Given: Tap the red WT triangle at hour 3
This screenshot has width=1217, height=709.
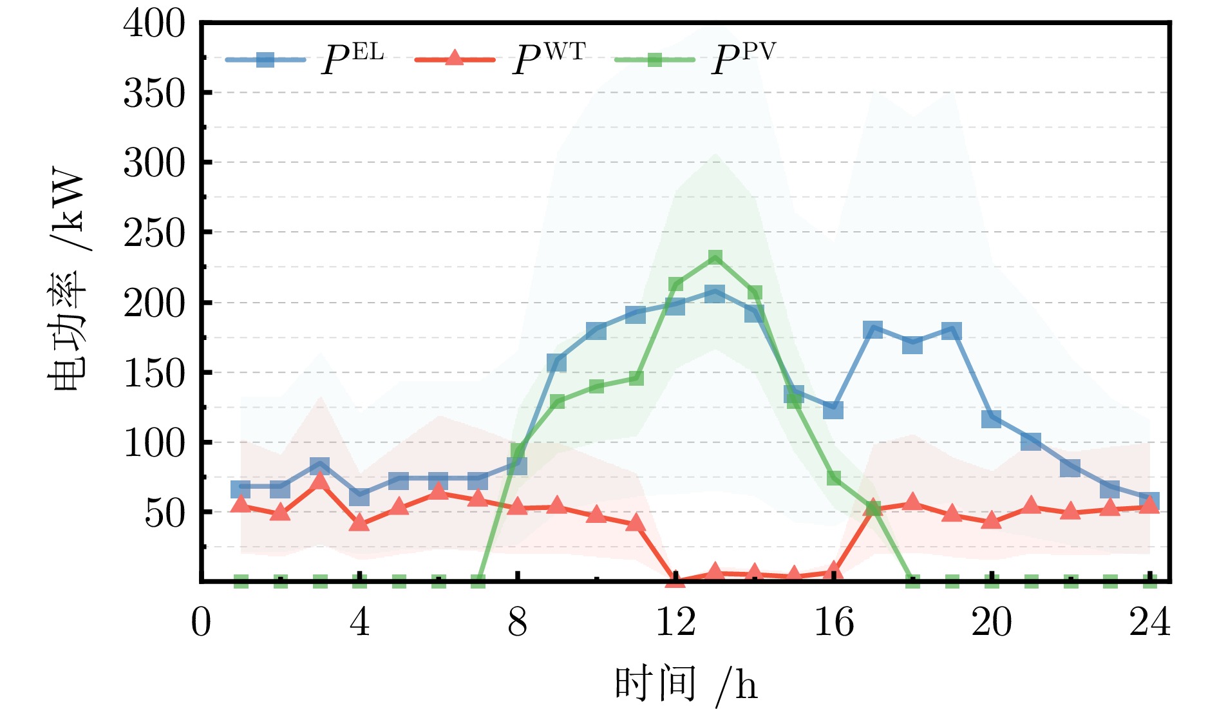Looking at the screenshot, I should click(x=320, y=481).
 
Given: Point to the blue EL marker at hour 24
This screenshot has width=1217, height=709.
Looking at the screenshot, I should click(x=1149, y=500).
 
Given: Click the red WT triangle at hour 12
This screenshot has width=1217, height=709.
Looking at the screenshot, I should click(x=675, y=579).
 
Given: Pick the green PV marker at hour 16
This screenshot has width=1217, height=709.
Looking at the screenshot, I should click(x=833, y=478).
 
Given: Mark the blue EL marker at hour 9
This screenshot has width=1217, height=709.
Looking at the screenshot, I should click(x=557, y=363).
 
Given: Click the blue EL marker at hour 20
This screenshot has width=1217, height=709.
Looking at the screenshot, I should click(x=992, y=419).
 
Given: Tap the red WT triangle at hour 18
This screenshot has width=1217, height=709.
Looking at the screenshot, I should click(x=912, y=502).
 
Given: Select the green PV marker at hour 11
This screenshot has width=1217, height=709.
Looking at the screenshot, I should click(x=636, y=377).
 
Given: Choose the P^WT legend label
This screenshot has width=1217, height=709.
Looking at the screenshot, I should click(x=549, y=60).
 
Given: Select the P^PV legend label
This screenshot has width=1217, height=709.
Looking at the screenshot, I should click(x=744, y=60).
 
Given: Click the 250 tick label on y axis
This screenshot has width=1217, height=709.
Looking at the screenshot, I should click(x=155, y=233).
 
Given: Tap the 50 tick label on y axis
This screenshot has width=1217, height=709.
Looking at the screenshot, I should click(x=165, y=513).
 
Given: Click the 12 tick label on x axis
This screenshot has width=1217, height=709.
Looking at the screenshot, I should click(x=675, y=623).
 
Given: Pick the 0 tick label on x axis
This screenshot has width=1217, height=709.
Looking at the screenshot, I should click(x=201, y=623).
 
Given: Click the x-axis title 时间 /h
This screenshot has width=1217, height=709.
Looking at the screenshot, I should click(x=686, y=684).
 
